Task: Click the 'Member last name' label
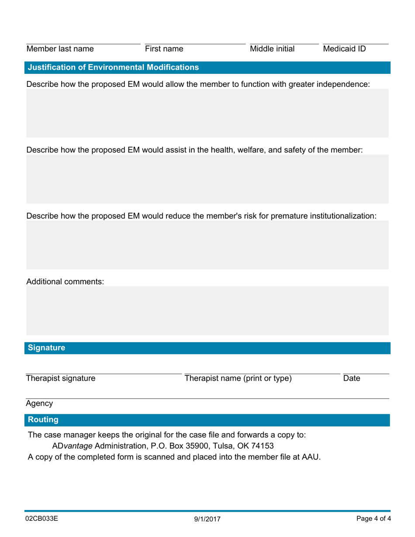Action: tap(60, 49)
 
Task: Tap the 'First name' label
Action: tap(164, 49)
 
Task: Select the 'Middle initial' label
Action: tap(272, 49)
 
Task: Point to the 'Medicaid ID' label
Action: tap(344, 49)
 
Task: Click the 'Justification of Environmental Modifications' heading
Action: tap(113, 67)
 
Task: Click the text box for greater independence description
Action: tap(207, 114)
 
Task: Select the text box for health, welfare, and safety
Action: tap(207, 179)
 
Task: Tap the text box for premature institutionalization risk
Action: tap(207, 244)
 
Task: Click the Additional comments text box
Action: tap(207, 310)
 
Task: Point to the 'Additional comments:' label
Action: tap(65, 282)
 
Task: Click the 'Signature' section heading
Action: tap(46, 348)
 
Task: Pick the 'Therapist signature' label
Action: tap(61, 379)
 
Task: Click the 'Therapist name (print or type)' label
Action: tap(238, 379)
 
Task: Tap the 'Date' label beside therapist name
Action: tap(352, 379)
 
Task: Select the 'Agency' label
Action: tap(39, 403)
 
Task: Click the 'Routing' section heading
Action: tap(43, 420)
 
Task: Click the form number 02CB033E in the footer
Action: tap(42, 519)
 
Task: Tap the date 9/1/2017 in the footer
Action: tap(207, 520)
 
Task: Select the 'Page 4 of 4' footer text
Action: tap(373, 519)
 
